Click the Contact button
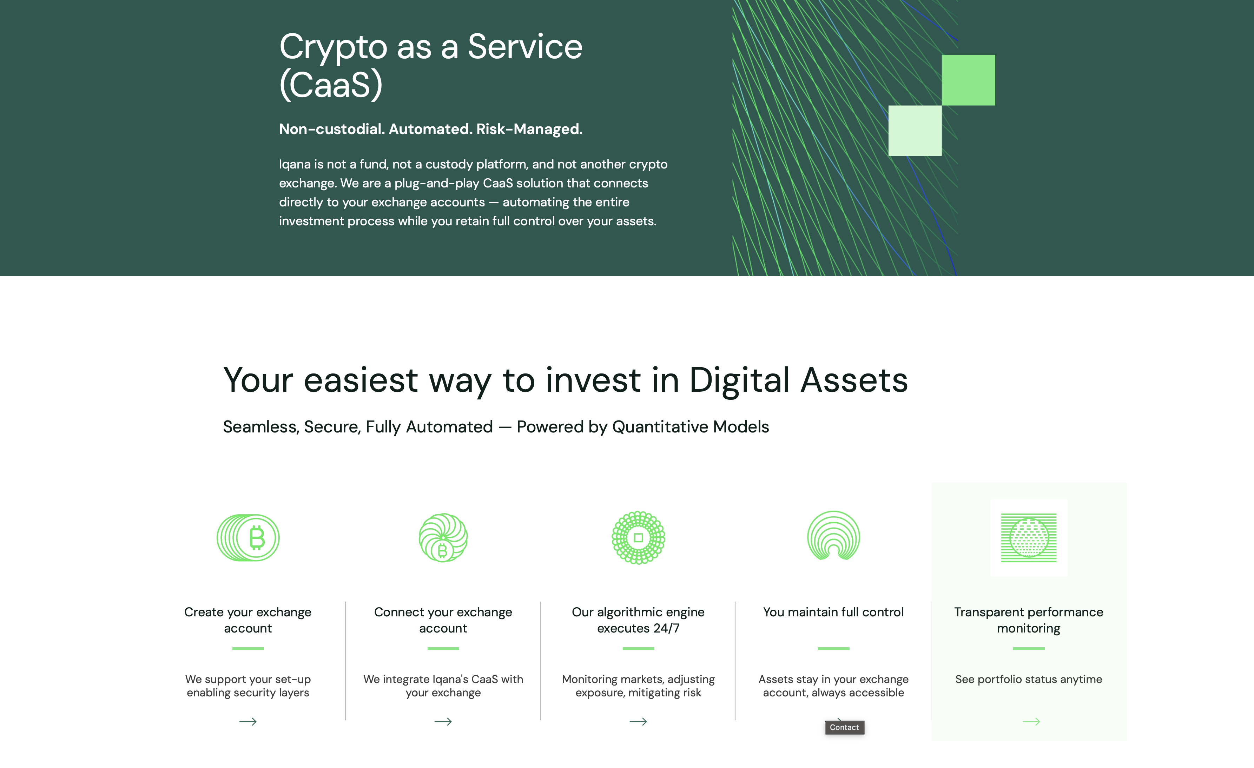coord(844,727)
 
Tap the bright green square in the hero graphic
coord(969,80)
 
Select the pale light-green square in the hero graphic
coord(915,130)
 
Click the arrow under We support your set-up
coord(248,722)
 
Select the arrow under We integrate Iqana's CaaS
coord(443,722)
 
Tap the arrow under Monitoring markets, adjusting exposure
coord(638,722)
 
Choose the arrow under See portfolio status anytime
coord(1031,722)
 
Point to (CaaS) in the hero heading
coord(331,85)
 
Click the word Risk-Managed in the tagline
coord(529,129)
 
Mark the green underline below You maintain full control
coord(834,648)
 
